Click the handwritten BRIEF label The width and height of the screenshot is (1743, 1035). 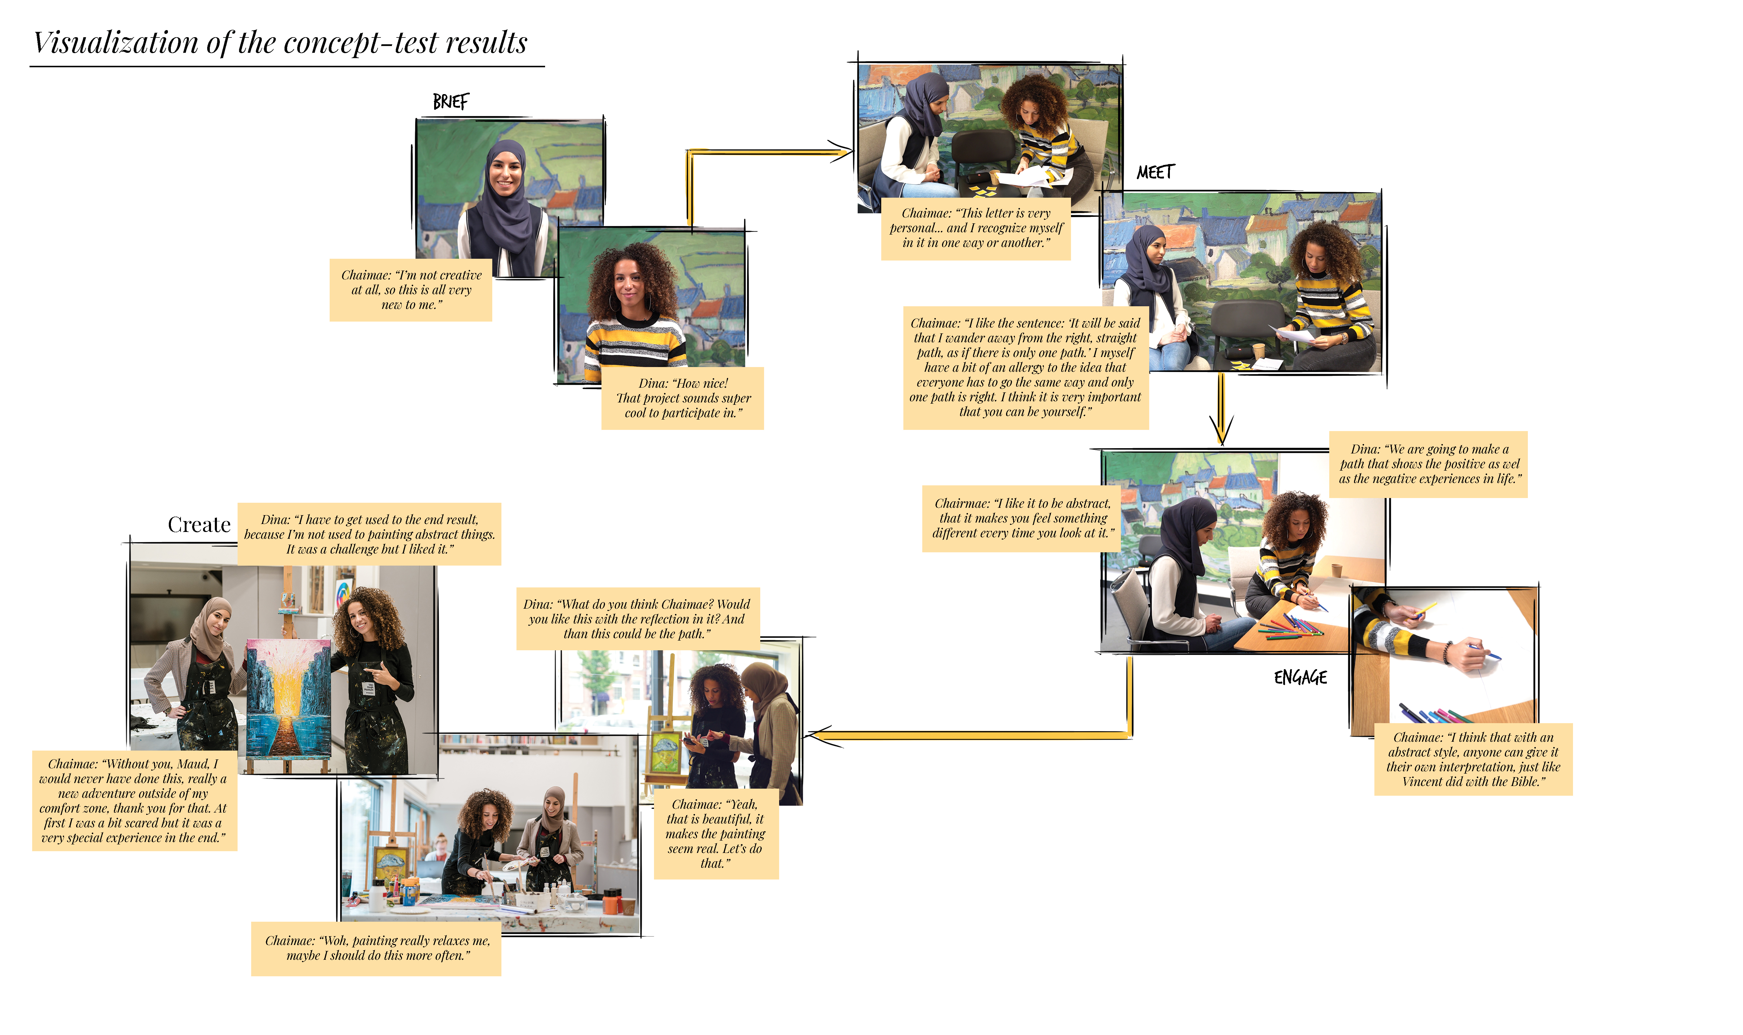click(451, 102)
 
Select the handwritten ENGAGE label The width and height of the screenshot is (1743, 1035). click(1300, 677)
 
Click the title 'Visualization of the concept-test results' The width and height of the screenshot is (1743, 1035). click(280, 42)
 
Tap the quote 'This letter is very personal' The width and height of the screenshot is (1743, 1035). click(976, 228)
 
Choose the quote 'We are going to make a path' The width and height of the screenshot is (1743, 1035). click(1428, 464)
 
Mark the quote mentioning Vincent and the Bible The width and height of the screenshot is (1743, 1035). click(1473, 759)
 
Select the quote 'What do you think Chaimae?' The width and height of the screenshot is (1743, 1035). click(637, 619)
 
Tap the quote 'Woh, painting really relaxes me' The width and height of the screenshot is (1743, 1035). click(377, 948)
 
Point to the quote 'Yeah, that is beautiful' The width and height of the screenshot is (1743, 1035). click(716, 833)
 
